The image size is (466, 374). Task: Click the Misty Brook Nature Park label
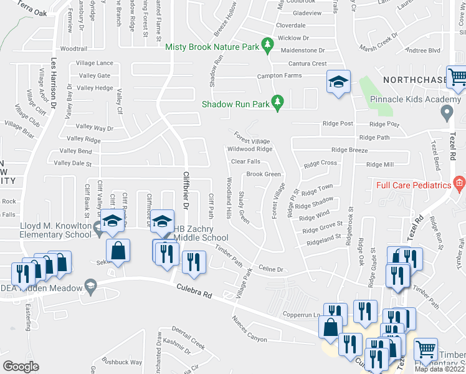[x=212, y=47]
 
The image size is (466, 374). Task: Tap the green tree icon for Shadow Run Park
[x=278, y=101]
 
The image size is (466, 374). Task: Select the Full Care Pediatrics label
[x=413, y=186]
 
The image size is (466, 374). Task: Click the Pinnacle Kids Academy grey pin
[x=446, y=113]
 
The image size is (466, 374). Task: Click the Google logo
[x=21, y=366]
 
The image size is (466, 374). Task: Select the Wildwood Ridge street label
[x=250, y=149]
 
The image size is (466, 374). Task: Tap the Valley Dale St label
[x=73, y=163]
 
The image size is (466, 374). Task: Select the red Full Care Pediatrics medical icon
[x=459, y=183]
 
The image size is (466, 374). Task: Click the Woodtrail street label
[x=74, y=49]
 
